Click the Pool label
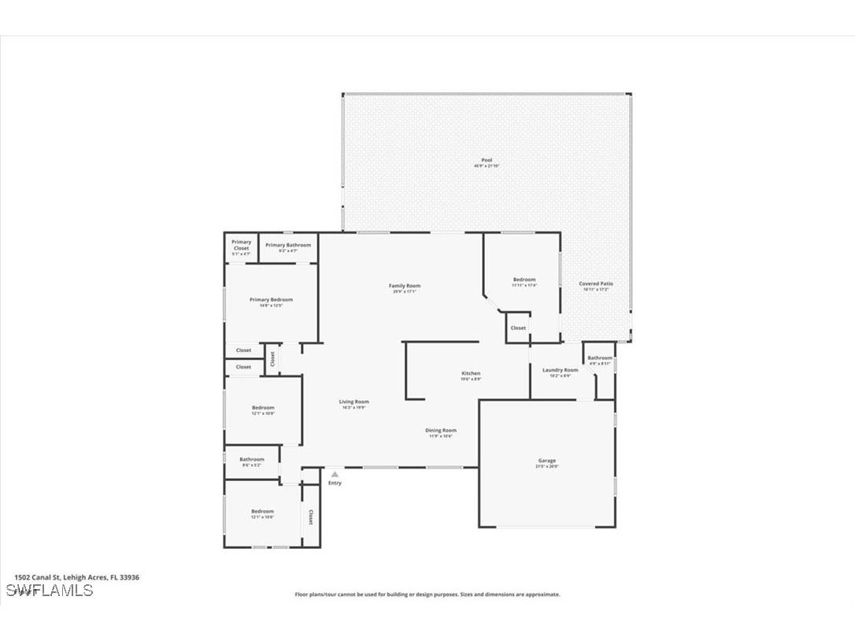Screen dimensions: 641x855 [487, 160]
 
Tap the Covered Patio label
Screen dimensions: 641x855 [596, 283]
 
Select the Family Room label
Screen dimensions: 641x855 [405, 286]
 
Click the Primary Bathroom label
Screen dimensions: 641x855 [288, 245]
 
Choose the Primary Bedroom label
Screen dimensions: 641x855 [271, 299]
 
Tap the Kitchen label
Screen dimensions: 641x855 [471, 373]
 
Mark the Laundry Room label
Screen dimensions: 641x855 [560, 369]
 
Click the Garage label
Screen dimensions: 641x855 [547, 461]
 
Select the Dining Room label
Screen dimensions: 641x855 [441, 430]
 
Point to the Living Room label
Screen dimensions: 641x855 [355, 402]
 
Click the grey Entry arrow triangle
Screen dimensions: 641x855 [335, 475]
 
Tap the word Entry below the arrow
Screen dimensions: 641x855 [335, 483]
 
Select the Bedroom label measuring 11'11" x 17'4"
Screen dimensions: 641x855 [524, 280]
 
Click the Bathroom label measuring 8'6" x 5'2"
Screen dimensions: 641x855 [252, 459]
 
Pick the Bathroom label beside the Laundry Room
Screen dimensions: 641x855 [599, 358]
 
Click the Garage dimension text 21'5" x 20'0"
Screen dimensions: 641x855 [547, 466]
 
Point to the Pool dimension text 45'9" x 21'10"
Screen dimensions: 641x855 [487, 166]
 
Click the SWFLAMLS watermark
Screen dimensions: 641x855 [49, 591]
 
